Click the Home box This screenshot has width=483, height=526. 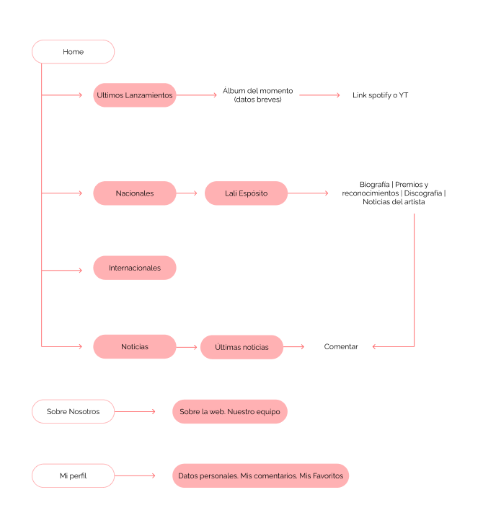point(73,52)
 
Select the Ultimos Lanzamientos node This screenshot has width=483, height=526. point(134,95)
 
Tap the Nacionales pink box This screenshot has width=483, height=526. point(134,193)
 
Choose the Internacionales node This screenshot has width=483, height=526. point(134,268)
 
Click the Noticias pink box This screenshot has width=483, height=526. point(134,347)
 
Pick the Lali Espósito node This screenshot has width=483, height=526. point(246,193)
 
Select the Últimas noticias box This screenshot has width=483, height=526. point(241,347)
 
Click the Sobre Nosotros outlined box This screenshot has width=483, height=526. point(73,411)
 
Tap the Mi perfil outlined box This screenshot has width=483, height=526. point(73,476)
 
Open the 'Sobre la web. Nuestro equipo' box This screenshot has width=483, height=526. point(229,411)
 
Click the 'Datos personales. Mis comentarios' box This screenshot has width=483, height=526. point(260,476)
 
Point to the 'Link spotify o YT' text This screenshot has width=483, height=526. point(381,95)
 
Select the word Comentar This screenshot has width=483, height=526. point(341,347)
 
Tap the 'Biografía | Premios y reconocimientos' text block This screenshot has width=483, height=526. point(394,193)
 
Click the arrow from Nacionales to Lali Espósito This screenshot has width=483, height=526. point(187,193)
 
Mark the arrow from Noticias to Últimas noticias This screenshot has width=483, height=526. point(187,347)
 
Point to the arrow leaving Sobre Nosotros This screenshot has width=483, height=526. point(135,411)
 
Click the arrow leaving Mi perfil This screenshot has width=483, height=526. point(135,476)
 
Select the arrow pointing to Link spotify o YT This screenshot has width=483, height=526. point(319,95)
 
